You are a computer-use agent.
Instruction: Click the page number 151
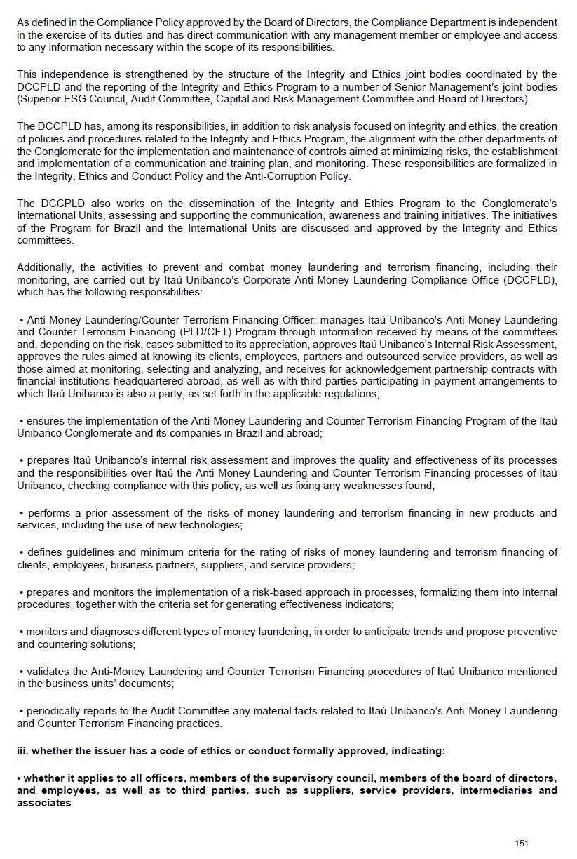click(x=521, y=843)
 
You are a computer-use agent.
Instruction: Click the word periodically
click(x=55, y=711)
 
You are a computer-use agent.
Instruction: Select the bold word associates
click(x=44, y=802)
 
